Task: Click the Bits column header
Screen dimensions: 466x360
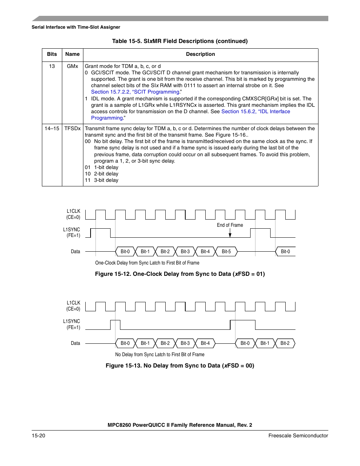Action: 52,54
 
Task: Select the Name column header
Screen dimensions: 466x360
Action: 72,54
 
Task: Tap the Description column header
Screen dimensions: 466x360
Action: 200,54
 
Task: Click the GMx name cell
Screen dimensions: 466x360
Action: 72,66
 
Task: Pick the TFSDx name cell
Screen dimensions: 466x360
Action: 72,129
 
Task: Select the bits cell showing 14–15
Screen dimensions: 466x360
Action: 52,129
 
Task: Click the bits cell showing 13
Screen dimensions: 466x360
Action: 52,66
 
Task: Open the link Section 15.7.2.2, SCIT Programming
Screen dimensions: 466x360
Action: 135,92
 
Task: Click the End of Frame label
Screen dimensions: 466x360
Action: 230,225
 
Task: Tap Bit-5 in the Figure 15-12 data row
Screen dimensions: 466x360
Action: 226,252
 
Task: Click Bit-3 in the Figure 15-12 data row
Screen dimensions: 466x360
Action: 185,252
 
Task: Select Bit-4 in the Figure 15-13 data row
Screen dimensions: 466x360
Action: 205,343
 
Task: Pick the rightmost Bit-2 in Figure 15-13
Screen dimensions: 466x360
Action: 285,343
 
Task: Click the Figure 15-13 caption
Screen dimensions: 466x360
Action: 180,366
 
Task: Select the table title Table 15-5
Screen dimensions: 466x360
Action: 180,41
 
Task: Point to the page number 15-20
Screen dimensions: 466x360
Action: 38,436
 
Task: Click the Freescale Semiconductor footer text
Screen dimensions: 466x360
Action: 298,436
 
